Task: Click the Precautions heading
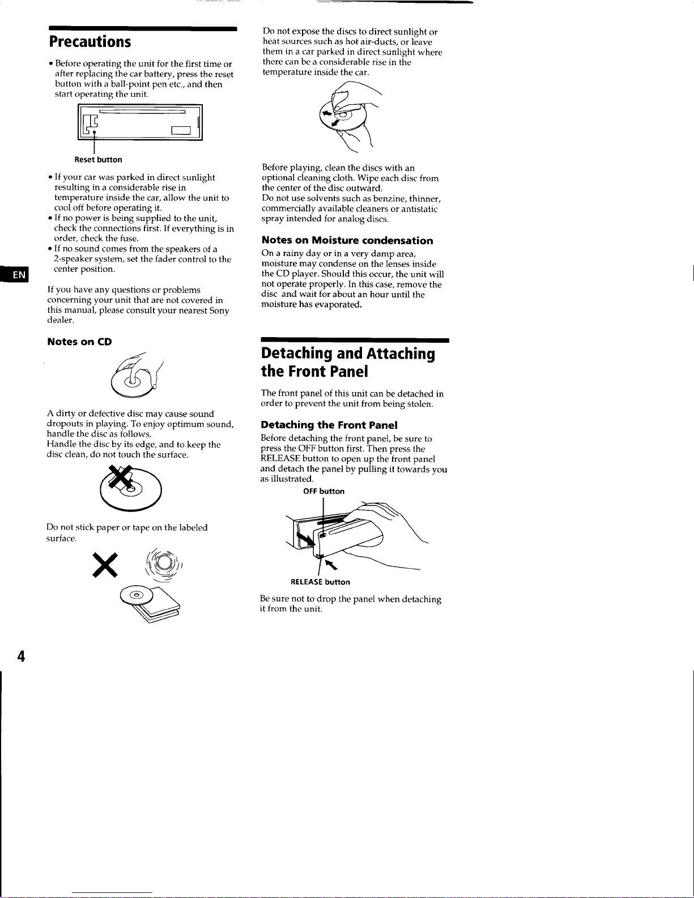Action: click(x=90, y=42)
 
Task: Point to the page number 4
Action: click(x=21, y=656)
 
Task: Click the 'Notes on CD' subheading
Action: click(x=79, y=342)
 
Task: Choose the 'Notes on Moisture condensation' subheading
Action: click(x=347, y=240)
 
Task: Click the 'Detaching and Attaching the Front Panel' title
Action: click(x=348, y=362)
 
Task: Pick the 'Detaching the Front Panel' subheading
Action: click(x=329, y=425)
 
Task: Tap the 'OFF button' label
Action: click(x=323, y=491)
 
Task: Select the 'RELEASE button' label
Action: click(x=320, y=582)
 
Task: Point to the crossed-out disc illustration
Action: click(x=131, y=488)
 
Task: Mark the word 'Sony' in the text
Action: click(x=219, y=310)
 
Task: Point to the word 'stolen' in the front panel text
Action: click(x=420, y=404)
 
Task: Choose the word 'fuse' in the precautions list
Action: click(x=129, y=239)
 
